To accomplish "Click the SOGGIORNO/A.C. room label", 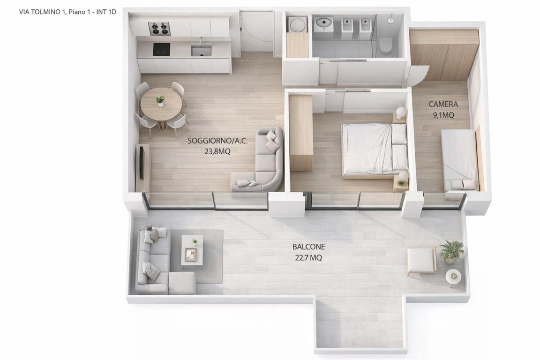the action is click(217, 141).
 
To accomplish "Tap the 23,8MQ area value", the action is click(217, 151).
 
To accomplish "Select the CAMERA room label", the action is click(443, 104).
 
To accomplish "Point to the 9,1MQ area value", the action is click(443, 115).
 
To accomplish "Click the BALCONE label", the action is click(308, 247).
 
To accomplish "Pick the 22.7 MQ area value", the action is click(308, 258).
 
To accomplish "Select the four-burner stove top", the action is click(159, 29).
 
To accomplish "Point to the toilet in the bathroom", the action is click(386, 45).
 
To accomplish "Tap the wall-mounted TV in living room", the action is click(141, 162).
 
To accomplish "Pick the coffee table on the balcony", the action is click(192, 250).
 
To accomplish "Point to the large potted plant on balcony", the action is click(451, 251).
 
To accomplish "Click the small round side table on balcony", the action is click(453, 276).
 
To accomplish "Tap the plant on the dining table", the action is click(160, 101).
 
